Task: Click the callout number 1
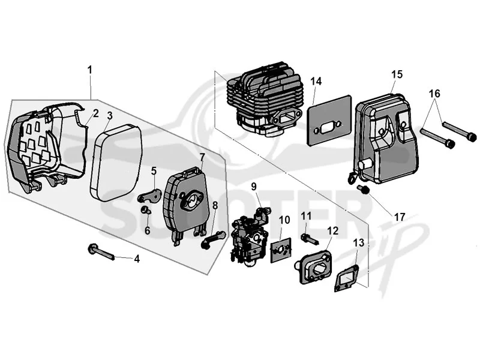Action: click(x=89, y=70)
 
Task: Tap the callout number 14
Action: click(x=316, y=82)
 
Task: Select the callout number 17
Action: click(x=400, y=217)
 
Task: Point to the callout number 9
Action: click(x=254, y=187)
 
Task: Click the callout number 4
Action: click(x=137, y=259)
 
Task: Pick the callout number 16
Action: click(x=434, y=94)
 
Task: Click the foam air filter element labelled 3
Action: click(x=116, y=163)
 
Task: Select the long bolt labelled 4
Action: click(x=101, y=251)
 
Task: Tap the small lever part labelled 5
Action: click(x=149, y=196)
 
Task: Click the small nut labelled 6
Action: click(x=145, y=210)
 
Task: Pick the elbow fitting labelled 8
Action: click(x=213, y=239)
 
